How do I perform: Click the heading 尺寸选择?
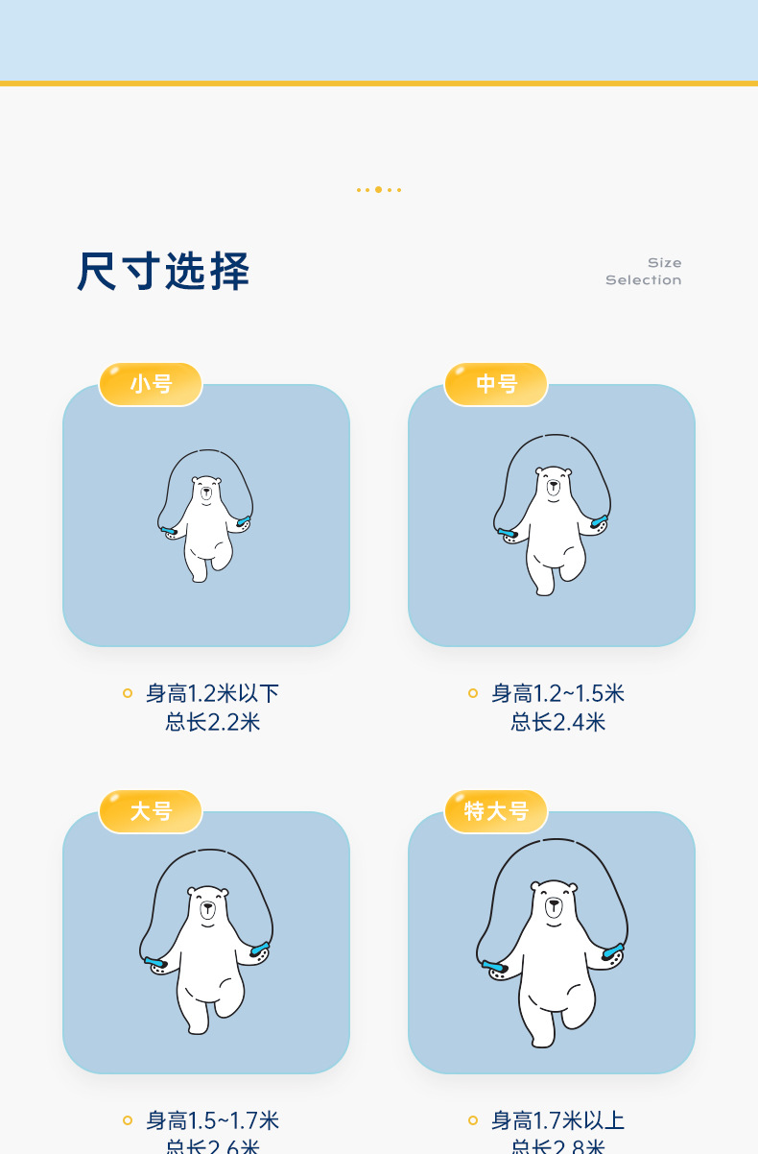coord(163,272)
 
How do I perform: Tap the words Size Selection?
coord(644,272)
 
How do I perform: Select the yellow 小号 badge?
coord(151,384)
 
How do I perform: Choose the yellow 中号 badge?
coord(496,384)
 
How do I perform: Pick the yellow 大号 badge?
coord(151,811)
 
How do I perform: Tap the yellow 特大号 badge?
coord(496,811)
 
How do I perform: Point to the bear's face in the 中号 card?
coord(553,484)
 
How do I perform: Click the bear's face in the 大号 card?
coord(208,906)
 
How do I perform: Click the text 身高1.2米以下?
coord(212,693)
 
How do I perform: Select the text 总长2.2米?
coord(212,722)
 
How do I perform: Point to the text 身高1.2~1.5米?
coord(557,693)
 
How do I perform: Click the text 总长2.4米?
coord(557,722)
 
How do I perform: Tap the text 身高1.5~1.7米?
coord(212,1120)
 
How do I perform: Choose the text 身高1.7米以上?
coord(557,1120)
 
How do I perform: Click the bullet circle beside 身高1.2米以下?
coord(128,693)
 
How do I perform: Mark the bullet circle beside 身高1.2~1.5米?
coord(473,693)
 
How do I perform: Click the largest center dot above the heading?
coord(378,189)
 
